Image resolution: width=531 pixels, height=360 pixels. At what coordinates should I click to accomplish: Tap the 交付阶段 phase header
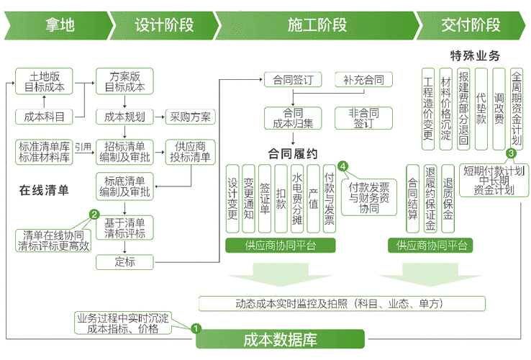pos(471,24)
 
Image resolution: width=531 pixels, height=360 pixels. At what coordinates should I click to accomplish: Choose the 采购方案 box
pos(191,117)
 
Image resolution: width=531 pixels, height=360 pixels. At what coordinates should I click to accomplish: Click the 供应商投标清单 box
pos(191,152)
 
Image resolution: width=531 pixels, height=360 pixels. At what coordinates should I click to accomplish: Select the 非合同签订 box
pos(363,117)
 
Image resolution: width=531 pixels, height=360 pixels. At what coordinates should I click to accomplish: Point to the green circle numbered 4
pos(343,166)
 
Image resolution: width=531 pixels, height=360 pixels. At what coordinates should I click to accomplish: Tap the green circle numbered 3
pos(511,153)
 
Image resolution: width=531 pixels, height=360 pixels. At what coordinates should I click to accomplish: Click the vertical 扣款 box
pos(281,199)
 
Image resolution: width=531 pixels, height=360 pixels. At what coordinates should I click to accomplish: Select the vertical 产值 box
pos(313,199)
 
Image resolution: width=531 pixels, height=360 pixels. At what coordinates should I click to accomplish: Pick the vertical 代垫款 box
pos(481,108)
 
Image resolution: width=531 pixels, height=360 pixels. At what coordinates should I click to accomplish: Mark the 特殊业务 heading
pos(475,55)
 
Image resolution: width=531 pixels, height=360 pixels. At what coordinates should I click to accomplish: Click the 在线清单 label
pos(44,191)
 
